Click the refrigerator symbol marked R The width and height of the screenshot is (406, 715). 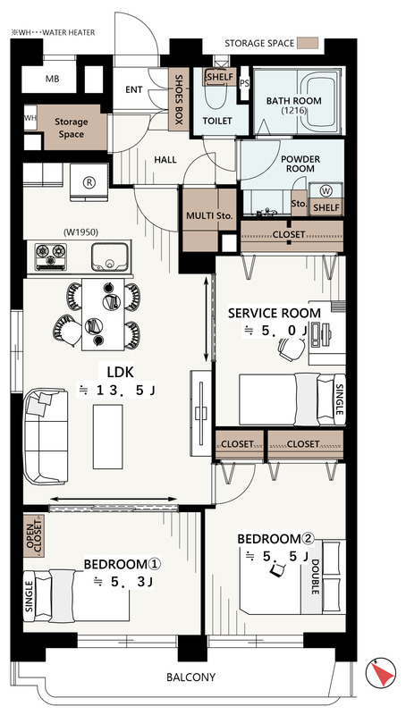coord(89,182)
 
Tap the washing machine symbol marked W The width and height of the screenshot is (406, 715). coord(326,190)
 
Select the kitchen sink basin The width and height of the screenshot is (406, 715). coord(109,257)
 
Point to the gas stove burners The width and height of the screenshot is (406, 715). coord(51,257)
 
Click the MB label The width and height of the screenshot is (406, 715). coord(53,79)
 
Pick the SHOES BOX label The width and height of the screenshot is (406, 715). coord(179,99)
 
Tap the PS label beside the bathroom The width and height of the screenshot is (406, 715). coord(244,82)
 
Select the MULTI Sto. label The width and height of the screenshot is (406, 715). coord(209,215)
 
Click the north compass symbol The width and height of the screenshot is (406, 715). coord(380,673)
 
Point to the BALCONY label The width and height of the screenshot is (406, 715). coord(190,677)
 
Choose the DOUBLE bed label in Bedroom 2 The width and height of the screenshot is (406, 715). coord(315,576)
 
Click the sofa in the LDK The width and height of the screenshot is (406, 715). coord(46,436)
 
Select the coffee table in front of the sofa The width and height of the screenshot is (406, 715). coord(107,436)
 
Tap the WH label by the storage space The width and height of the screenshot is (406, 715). coord(30,118)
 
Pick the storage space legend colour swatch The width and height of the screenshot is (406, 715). coord(307,44)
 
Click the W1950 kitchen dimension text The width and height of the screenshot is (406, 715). coord(80,232)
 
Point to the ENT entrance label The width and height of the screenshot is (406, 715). coord(133,90)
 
